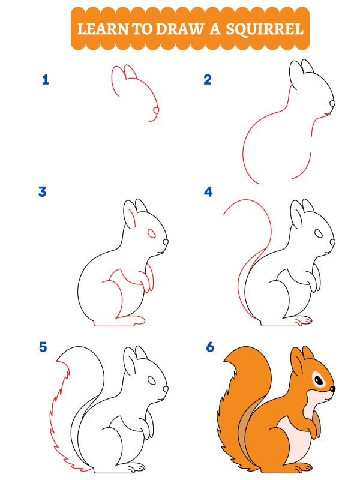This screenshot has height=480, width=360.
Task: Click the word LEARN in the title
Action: click(x=103, y=29)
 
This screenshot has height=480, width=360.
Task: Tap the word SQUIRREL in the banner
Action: click(x=265, y=29)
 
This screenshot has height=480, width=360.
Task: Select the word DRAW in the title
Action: click(x=179, y=29)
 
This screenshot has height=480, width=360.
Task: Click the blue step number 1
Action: click(x=46, y=80)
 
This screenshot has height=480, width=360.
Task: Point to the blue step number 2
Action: click(x=208, y=80)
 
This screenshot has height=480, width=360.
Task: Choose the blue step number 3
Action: click(x=42, y=191)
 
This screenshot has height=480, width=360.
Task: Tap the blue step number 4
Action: click(x=208, y=191)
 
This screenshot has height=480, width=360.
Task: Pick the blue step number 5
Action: click(x=43, y=347)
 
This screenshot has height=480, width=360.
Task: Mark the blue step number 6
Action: click(x=210, y=347)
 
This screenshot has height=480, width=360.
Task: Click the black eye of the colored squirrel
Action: click(x=319, y=380)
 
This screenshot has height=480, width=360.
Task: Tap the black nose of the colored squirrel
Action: click(x=332, y=389)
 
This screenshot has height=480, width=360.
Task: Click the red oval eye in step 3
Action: click(x=152, y=233)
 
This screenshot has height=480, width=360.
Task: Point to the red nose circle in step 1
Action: click(x=156, y=110)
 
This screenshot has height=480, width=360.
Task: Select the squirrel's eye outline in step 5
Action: click(x=152, y=380)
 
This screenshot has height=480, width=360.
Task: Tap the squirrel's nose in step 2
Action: click(x=332, y=104)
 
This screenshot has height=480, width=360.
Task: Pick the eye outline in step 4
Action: click(x=319, y=233)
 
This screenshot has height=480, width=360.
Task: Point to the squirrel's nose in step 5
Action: click(x=166, y=389)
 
